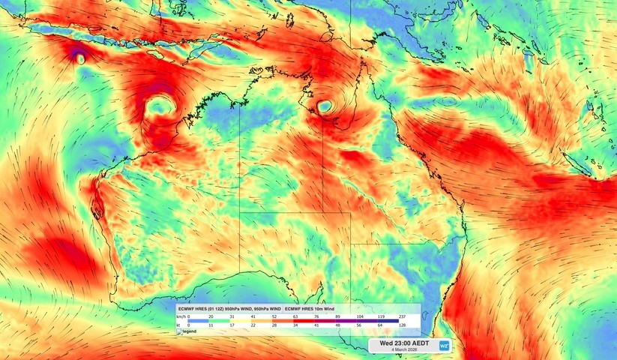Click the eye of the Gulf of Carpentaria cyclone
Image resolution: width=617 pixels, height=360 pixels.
325,107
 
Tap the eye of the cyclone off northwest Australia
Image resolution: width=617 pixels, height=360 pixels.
159,106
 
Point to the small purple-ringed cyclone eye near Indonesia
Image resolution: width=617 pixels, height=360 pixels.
80,57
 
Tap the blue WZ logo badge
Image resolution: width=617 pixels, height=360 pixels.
445,345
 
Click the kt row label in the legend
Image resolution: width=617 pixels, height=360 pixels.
180,325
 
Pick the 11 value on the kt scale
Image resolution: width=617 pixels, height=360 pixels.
210,325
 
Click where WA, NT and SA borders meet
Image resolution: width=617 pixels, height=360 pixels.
240,212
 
